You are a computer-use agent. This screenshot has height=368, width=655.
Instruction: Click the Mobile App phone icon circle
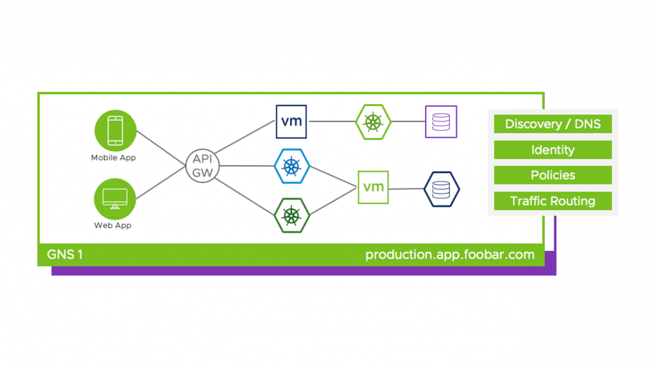pos(115,131)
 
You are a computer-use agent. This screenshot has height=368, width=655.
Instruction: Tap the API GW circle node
pos(203,166)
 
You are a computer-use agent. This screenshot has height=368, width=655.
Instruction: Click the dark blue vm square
pos(291,121)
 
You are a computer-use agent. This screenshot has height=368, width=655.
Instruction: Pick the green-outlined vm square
pos(373,187)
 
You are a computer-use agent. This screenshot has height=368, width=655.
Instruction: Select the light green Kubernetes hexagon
pos(373,121)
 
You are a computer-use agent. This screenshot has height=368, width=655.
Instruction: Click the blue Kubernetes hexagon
pos(292,166)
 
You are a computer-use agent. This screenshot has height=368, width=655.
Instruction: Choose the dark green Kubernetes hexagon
pos(292,216)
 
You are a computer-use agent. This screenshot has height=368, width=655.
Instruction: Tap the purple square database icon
pos(441,121)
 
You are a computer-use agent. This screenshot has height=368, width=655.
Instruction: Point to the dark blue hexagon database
pos(441,189)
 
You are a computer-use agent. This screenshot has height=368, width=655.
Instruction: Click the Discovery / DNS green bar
pos(553,124)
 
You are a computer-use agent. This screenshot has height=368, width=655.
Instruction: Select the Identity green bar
pos(553,150)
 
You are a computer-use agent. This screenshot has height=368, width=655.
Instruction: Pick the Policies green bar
pos(553,175)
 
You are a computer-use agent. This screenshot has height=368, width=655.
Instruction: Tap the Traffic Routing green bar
pos(553,201)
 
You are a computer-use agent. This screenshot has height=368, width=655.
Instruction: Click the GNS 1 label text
pos(65,255)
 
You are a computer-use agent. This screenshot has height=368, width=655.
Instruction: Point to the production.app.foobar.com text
pos(450,255)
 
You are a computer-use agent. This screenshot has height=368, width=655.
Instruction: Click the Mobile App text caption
pos(113,158)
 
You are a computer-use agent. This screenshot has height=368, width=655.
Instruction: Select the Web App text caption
pos(113,225)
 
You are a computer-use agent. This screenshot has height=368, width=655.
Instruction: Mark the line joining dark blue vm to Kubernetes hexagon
pos(331,121)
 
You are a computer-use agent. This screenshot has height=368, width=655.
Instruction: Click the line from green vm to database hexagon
pos(406,189)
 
